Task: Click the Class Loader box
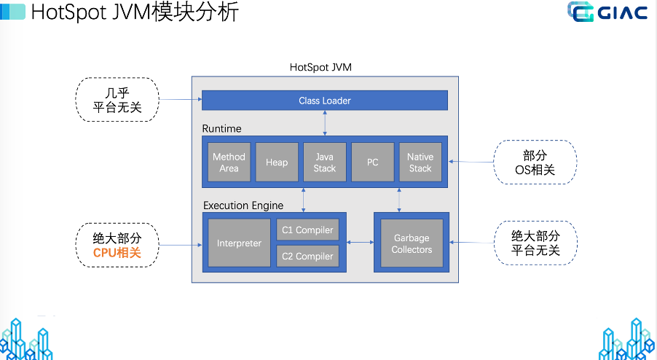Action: click(x=324, y=101)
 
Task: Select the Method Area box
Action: click(x=229, y=163)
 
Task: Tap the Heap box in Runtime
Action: click(x=277, y=163)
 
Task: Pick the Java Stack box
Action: click(x=324, y=163)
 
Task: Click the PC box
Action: click(x=372, y=163)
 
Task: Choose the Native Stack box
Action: click(x=420, y=163)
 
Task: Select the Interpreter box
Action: click(x=239, y=243)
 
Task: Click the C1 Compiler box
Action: click(x=308, y=230)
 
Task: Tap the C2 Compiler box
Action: click(x=308, y=256)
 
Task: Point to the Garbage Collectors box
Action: click(x=412, y=243)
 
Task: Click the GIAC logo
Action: click(x=607, y=13)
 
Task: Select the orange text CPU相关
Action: click(x=117, y=252)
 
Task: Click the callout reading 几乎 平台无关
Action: click(x=117, y=100)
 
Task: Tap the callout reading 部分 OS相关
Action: click(x=535, y=162)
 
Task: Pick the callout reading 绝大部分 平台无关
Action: click(x=535, y=243)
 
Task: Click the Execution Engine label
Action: click(x=243, y=206)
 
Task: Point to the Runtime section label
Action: click(x=222, y=129)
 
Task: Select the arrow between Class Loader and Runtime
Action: click(x=325, y=122)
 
